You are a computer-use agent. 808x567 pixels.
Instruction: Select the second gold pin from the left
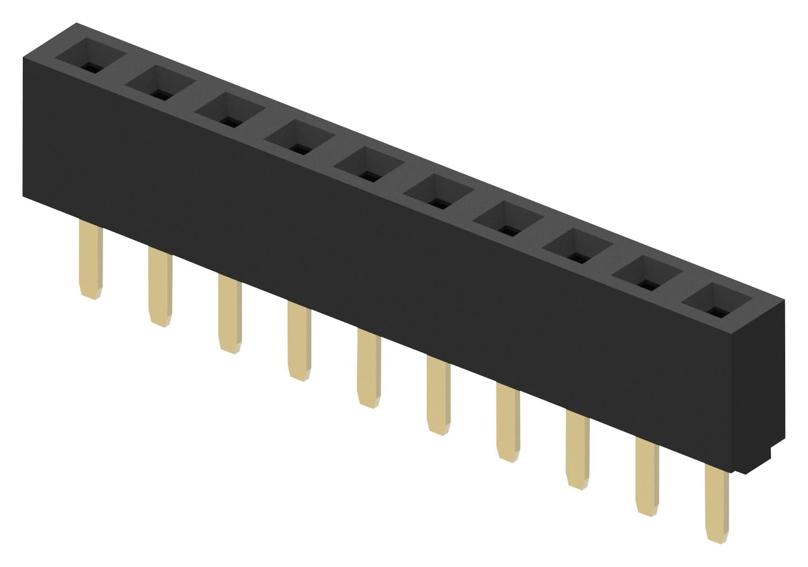point(160,287)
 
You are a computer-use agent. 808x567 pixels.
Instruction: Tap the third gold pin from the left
point(230,314)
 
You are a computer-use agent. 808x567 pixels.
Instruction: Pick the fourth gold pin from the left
point(299,341)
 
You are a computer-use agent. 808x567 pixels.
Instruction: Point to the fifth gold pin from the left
point(368,368)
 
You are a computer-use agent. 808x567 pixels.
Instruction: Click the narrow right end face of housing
point(760,380)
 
